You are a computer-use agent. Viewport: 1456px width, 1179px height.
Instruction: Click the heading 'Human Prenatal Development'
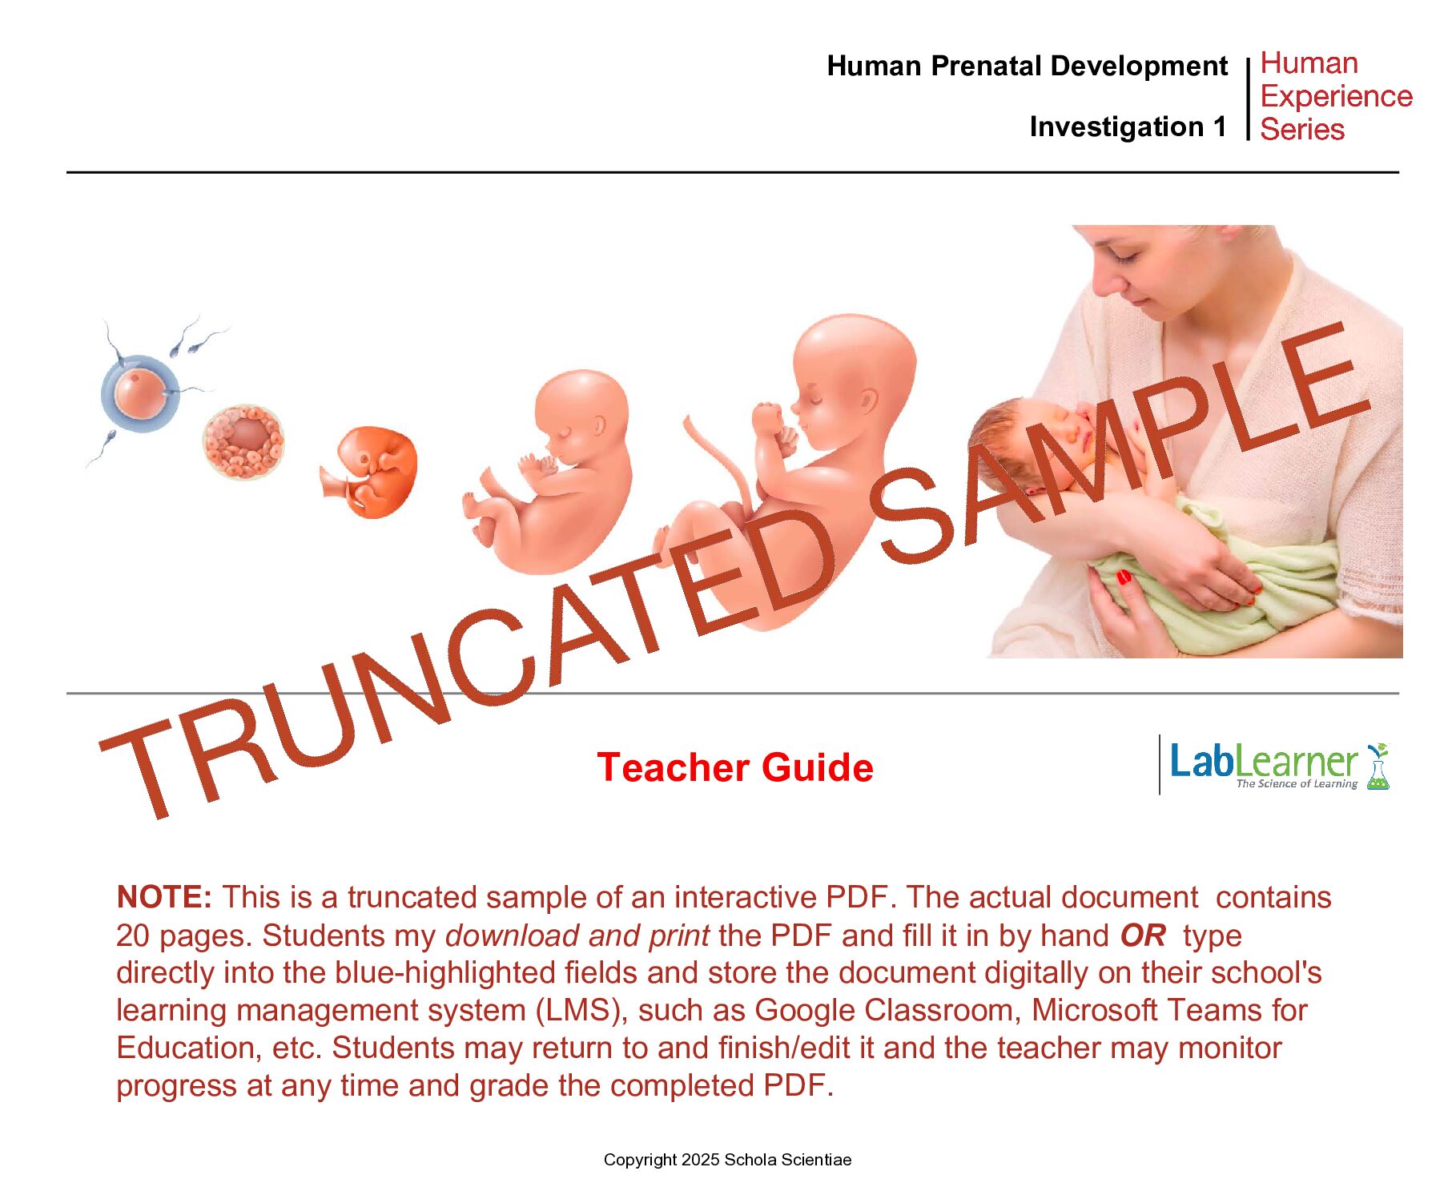(x=1027, y=66)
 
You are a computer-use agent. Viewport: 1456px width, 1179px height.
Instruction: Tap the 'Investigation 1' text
(x=1128, y=127)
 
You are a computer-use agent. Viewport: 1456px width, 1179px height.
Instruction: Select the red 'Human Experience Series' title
(x=1336, y=96)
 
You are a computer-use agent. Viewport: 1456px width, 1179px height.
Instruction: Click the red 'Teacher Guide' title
(x=735, y=767)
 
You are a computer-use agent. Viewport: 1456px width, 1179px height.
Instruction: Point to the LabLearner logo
(x=1279, y=765)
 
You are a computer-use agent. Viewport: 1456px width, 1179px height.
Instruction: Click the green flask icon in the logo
(x=1378, y=767)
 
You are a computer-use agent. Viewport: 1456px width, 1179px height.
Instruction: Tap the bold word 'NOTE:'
(x=164, y=897)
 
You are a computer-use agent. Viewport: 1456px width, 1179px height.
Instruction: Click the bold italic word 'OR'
(x=1143, y=935)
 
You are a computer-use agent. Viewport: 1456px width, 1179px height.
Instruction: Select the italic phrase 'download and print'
(x=577, y=936)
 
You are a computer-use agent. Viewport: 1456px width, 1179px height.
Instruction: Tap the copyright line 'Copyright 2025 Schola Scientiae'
(x=727, y=1160)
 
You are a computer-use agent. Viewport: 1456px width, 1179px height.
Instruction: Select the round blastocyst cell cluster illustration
(x=243, y=441)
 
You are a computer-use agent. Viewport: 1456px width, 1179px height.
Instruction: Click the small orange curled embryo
(x=370, y=472)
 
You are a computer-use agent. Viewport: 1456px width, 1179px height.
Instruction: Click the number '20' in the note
(x=133, y=936)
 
